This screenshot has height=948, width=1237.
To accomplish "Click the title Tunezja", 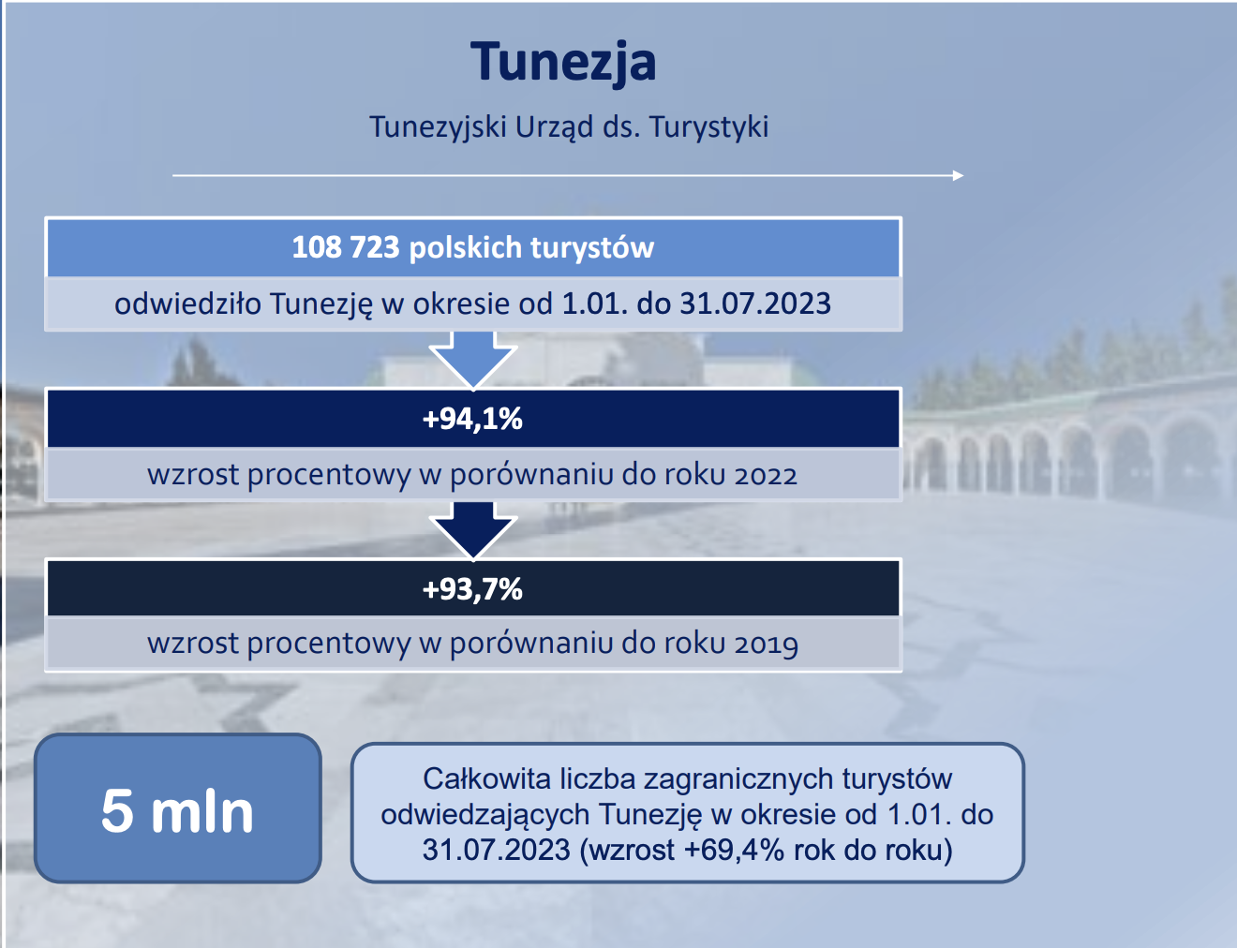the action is click(x=563, y=63).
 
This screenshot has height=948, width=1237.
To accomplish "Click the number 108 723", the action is click(x=346, y=247).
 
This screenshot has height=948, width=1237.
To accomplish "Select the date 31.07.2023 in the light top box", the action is click(x=755, y=304).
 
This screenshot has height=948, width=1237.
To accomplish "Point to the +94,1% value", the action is click(x=472, y=419).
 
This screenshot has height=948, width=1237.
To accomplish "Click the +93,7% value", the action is click(x=472, y=589).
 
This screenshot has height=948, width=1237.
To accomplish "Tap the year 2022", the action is click(x=766, y=475).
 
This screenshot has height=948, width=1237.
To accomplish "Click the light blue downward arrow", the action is click(x=473, y=359).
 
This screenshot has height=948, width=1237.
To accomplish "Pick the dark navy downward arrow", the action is click(x=473, y=529).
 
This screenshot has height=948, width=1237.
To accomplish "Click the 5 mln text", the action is click(x=177, y=811).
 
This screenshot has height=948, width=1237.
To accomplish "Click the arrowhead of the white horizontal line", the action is click(x=959, y=176).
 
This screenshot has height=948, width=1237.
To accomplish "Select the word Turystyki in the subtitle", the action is click(x=708, y=127).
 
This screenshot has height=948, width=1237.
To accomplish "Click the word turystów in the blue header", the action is click(x=592, y=248).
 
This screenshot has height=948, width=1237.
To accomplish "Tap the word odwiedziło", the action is click(x=187, y=304).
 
